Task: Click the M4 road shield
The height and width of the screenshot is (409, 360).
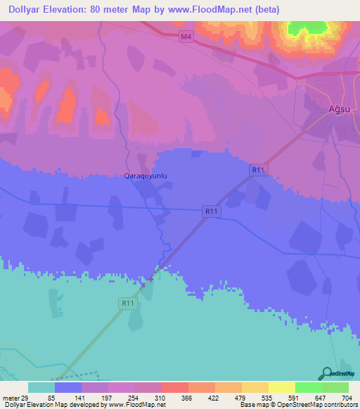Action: tap(185, 37)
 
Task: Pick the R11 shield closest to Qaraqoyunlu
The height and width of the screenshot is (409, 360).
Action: tap(210, 210)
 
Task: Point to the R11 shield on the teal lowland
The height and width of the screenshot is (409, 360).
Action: tap(127, 303)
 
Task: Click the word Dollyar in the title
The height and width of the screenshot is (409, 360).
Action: tap(27, 9)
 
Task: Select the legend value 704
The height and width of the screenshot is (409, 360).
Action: tap(345, 397)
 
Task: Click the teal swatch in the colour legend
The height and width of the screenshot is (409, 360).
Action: tap(41, 387)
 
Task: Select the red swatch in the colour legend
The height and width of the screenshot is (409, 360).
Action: tap(174, 387)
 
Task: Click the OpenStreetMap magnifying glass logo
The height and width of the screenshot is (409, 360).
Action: tap(327, 374)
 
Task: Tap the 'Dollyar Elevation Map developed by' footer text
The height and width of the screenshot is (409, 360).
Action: tap(51, 405)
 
